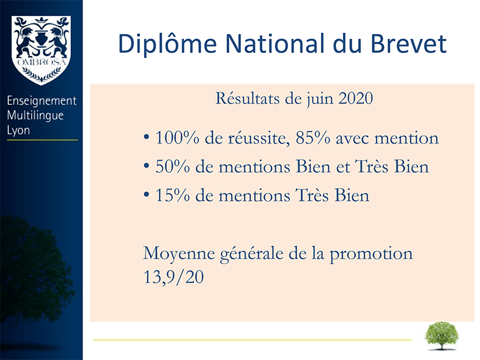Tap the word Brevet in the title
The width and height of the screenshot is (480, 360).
click(409, 44)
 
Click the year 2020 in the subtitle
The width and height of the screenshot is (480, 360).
click(356, 98)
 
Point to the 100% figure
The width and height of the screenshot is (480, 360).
click(178, 138)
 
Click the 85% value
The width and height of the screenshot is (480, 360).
click(313, 138)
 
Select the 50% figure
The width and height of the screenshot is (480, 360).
click(173, 166)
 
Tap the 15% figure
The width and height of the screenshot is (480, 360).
click(173, 195)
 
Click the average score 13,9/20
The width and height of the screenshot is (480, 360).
click(174, 277)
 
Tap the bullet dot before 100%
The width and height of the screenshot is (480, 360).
click(146, 137)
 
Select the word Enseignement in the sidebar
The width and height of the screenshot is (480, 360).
click(42, 101)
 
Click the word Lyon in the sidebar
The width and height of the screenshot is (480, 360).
click(18, 131)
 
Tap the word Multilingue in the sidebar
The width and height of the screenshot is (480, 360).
click(35, 116)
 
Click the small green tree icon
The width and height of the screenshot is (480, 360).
click(442, 335)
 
